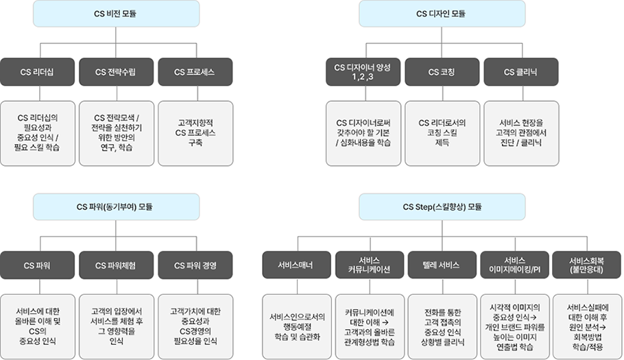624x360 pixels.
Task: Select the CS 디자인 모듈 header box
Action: click(x=441, y=14)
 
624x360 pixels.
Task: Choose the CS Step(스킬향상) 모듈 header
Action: click(x=441, y=206)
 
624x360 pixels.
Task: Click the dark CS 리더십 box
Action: click(x=38, y=71)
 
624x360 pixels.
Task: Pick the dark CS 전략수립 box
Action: click(x=116, y=71)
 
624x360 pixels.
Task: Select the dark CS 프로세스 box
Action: click(x=195, y=71)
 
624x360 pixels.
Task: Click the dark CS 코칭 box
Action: click(x=442, y=71)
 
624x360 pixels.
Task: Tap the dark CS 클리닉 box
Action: click(x=520, y=71)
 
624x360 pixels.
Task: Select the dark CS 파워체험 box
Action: click(x=116, y=265)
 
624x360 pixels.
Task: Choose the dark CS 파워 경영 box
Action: click(x=195, y=265)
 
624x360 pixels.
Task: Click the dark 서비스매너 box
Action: click(x=296, y=265)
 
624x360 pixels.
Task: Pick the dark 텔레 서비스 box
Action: click(x=442, y=265)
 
